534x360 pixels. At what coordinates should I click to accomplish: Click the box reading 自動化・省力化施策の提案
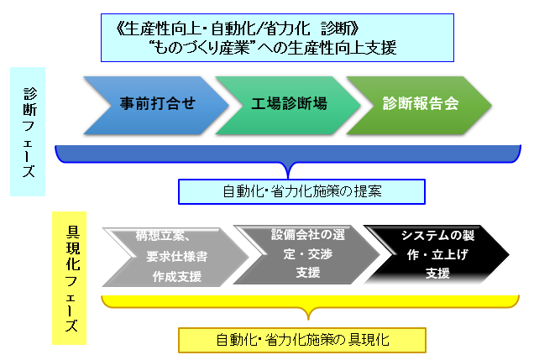pos(301,191)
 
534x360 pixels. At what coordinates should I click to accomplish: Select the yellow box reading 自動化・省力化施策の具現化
pos(302,340)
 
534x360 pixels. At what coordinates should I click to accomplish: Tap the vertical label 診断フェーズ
pos(28,132)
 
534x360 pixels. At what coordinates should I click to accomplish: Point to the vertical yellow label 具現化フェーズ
pos(70,279)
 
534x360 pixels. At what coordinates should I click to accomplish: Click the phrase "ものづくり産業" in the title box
pos(202,47)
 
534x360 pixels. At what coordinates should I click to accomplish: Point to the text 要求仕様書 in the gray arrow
pos(177,257)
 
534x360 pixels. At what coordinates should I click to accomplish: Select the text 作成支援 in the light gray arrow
pos(177,277)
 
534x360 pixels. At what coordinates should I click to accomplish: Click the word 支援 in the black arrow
pos(437,274)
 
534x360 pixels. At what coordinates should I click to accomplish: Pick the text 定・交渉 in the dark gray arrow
pos(308,253)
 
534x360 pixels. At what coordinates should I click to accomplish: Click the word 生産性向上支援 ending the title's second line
pos(342,47)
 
